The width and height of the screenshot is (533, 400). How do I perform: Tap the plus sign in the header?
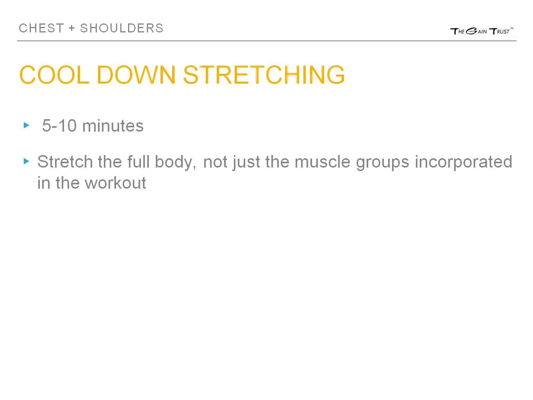click(x=72, y=29)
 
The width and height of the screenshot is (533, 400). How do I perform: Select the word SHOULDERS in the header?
click(x=122, y=29)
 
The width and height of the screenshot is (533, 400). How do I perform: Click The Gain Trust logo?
click(x=481, y=31)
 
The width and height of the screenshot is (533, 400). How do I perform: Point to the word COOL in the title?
click(x=54, y=75)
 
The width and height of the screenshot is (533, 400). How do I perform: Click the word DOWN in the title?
click(x=136, y=75)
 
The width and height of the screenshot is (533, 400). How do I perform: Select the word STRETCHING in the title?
click(x=264, y=75)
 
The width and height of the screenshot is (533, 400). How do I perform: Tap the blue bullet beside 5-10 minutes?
click(x=27, y=125)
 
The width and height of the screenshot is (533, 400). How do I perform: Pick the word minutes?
click(x=113, y=126)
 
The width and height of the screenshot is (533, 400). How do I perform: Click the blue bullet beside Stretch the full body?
click(x=27, y=161)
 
